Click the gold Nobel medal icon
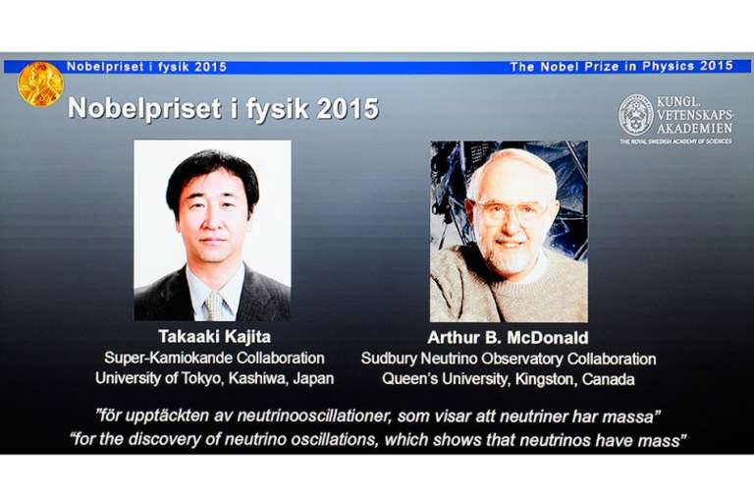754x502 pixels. click(x=40, y=84)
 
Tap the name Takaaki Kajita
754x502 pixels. click(x=214, y=336)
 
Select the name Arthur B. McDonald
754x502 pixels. click(x=508, y=337)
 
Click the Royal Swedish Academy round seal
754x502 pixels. click(x=636, y=115)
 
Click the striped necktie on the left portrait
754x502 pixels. click(x=214, y=307)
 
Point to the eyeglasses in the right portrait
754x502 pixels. click(x=511, y=212)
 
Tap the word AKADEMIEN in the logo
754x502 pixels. click(x=694, y=129)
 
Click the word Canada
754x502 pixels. click(x=608, y=379)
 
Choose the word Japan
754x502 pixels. click(x=313, y=378)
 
